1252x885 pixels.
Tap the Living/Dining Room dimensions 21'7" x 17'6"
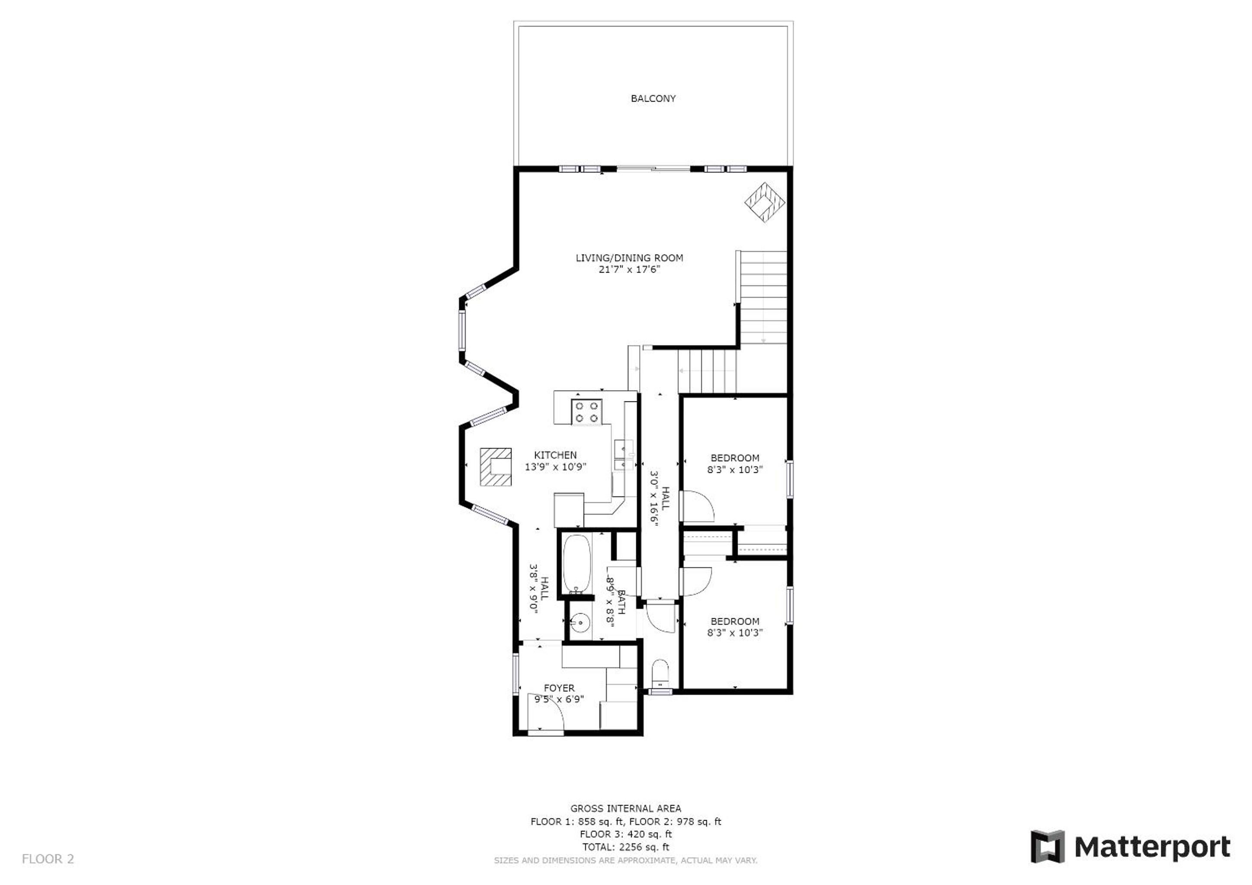pyautogui.click(x=629, y=269)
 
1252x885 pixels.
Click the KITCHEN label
pyautogui.click(x=555, y=455)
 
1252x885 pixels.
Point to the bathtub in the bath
pyautogui.click(x=576, y=564)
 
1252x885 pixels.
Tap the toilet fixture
pyautogui.click(x=660, y=674)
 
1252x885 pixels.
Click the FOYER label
pyautogui.click(x=559, y=688)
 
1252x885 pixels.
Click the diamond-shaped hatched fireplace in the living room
pyautogui.click(x=765, y=203)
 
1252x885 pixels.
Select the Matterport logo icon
pyautogui.click(x=1047, y=846)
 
